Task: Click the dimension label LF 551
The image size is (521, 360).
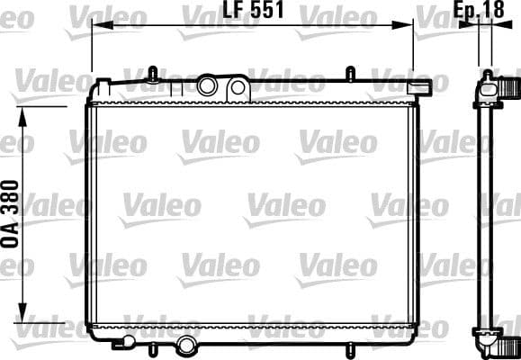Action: click(x=254, y=12)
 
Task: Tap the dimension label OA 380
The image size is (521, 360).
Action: click(x=12, y=214)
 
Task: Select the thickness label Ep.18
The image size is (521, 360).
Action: click(x=479, y=11)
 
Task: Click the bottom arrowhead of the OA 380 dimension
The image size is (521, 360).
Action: click(x=24, y=316)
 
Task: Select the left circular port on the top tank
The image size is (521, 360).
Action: click(x=209, y=86)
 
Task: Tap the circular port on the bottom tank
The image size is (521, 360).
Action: click(x=186, y=344)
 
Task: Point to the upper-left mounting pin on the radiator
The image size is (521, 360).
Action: click(x=153, y=72)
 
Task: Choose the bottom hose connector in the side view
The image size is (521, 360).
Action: click(x=507, y=342)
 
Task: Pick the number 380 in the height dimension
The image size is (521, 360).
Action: click(x=12, y=200)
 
